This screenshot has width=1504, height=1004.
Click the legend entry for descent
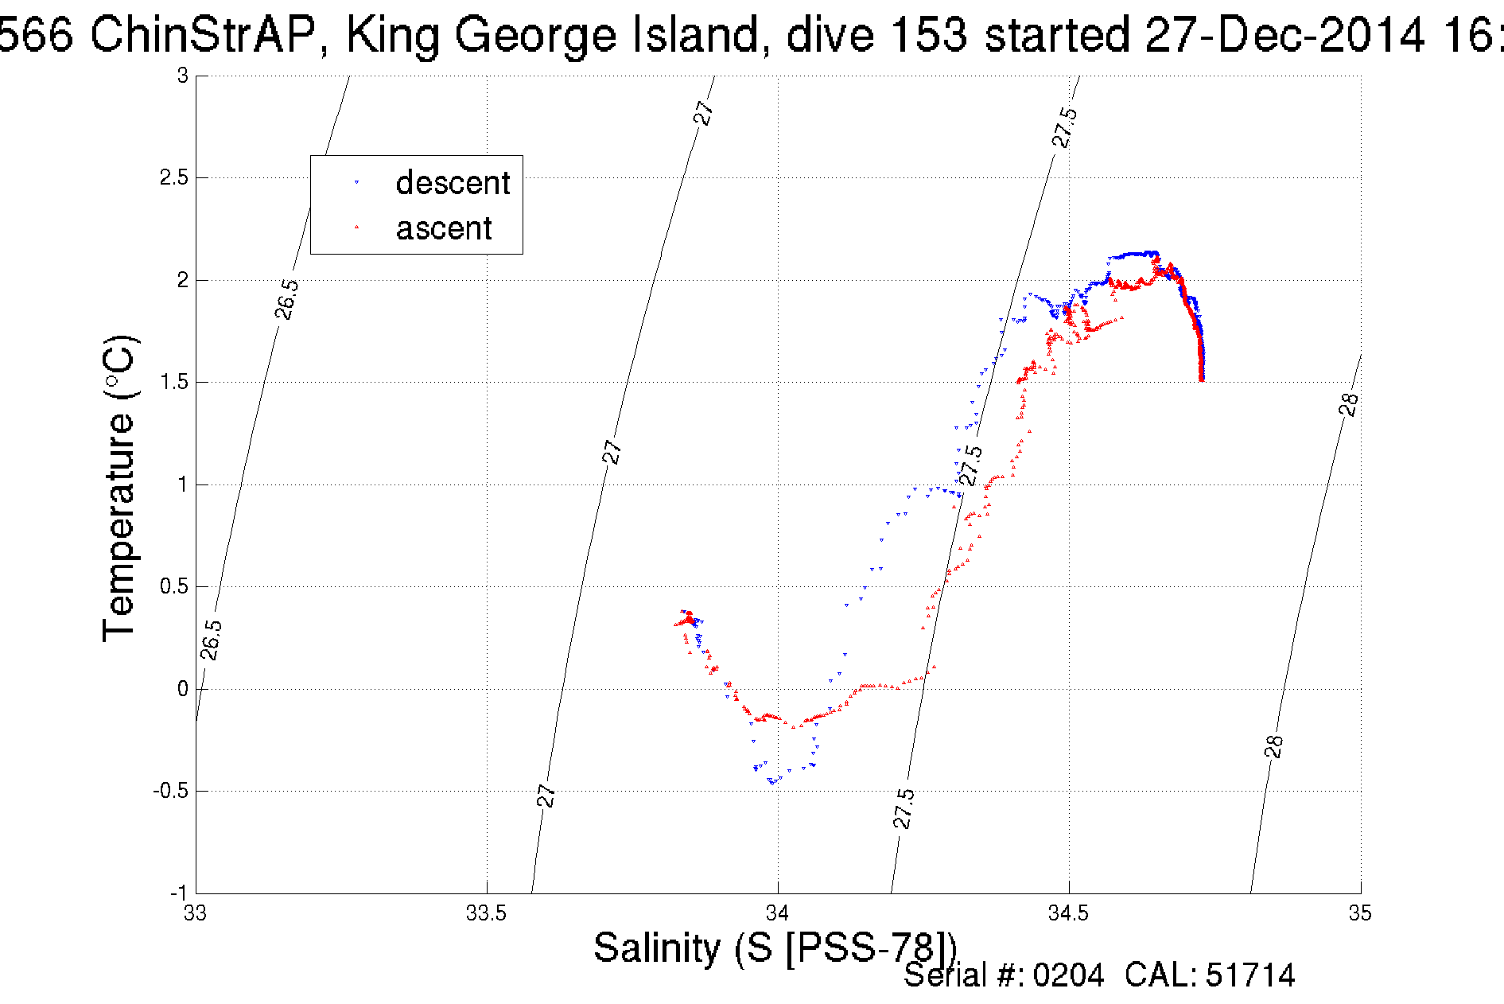[x=452, y=183]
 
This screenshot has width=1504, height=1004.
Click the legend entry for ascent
[x=443, y=228]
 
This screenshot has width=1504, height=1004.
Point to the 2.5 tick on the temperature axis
[x=174, y=177]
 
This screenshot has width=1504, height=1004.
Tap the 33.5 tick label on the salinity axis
[x=486, y=913]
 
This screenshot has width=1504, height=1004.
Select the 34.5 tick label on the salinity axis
[x=1069, y=913]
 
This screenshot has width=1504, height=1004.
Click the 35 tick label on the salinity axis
[x=1360, y=913]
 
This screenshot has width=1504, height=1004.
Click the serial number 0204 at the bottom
[x=1068, y=975]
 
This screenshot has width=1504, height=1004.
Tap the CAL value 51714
[x=1250, y=975]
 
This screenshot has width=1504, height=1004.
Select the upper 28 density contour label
[x=1349, y=404]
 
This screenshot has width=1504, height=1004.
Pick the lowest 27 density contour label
[x=546, y=795]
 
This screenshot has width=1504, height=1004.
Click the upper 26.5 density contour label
[x=287, y=299]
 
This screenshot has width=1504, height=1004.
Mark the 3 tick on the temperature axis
[x=183, y=76]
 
